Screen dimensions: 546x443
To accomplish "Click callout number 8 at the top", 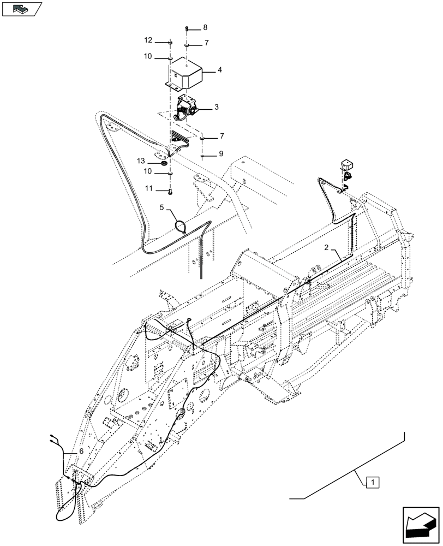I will tap(205, 27).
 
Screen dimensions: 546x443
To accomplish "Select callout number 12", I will tap(149, 41).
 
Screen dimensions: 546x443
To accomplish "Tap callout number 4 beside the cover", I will tap(220, 70).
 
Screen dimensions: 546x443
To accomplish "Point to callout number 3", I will tap(217, 108).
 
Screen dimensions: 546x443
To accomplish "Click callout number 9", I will tap(221, 154).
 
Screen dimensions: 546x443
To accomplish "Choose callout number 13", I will tap(141, 161).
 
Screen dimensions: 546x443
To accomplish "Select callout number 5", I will tap(162, 207).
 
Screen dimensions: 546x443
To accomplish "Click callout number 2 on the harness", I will tap(326, 248).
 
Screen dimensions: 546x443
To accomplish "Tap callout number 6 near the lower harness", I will tap(81, 452).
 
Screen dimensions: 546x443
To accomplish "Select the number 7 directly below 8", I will tap(206, 43).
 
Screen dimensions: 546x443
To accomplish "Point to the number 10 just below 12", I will tap(149, 57).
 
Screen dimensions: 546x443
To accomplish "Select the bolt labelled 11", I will tap(170, 191).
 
